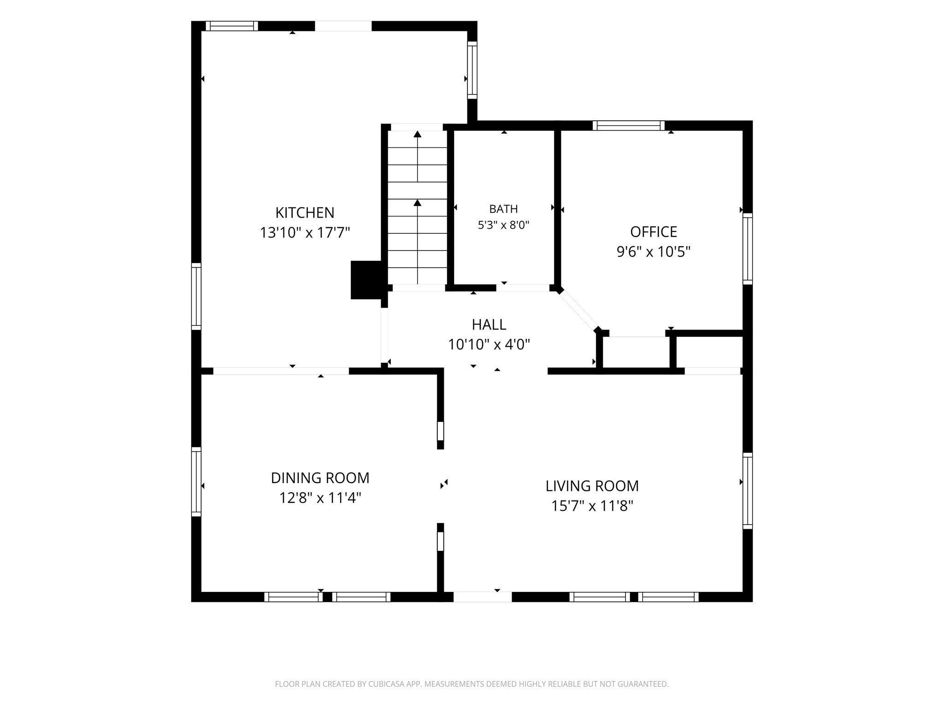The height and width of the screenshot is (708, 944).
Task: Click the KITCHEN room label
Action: tap(305, 212)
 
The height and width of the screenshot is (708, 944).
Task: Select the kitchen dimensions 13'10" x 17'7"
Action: tap(305, 233)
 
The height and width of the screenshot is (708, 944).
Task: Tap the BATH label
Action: tap(503, 209)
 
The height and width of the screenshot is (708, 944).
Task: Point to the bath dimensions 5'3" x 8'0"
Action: tap(503, 225)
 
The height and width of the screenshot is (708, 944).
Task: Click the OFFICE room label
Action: tap(654, 231)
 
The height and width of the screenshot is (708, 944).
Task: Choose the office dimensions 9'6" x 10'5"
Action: tap(654, 252)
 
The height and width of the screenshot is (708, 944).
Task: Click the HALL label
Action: tap(489, 324)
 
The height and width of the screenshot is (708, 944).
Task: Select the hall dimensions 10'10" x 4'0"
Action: tap(489, 344)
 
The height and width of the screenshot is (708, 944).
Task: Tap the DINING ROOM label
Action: tap(320, 478)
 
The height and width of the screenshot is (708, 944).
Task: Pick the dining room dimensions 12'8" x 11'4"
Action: tap(320, 498)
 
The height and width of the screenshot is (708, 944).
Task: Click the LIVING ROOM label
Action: tap(592, 486)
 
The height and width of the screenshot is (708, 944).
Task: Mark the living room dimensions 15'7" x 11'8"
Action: tap(592, 506)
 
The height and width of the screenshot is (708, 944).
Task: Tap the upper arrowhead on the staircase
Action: tap(418, 134)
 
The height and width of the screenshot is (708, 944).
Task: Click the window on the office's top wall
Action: tap(629, 125)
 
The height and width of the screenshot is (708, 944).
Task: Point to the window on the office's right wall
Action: tap(748, 249)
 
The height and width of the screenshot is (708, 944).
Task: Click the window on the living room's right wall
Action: tap(748, 490)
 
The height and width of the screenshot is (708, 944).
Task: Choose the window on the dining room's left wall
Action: tap(196, 481)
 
